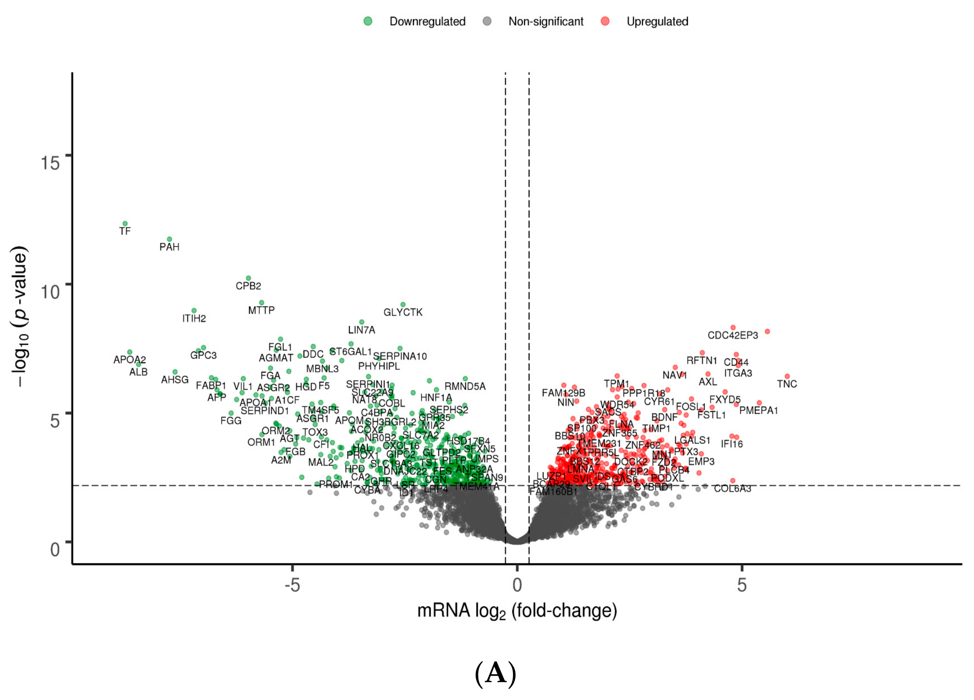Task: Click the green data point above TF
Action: point(125,224)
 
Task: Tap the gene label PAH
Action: point(169,247)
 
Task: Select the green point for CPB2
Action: point(248,278)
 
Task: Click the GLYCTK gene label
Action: point(402,312)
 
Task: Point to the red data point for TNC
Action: point(787,376)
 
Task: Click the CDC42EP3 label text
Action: point(733,335)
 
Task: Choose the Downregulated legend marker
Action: point(368,21)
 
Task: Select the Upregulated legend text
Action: point(657,21)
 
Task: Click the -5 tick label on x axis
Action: point(292,585)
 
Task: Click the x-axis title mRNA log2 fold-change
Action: point(516,611)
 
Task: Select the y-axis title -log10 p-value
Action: point(21,316)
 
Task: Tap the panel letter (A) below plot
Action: point(495,673)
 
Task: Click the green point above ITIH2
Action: point(194,311)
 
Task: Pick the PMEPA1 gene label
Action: point(759,411)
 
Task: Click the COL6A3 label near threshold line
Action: point(732,489)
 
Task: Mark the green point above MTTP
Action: point(261,303)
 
